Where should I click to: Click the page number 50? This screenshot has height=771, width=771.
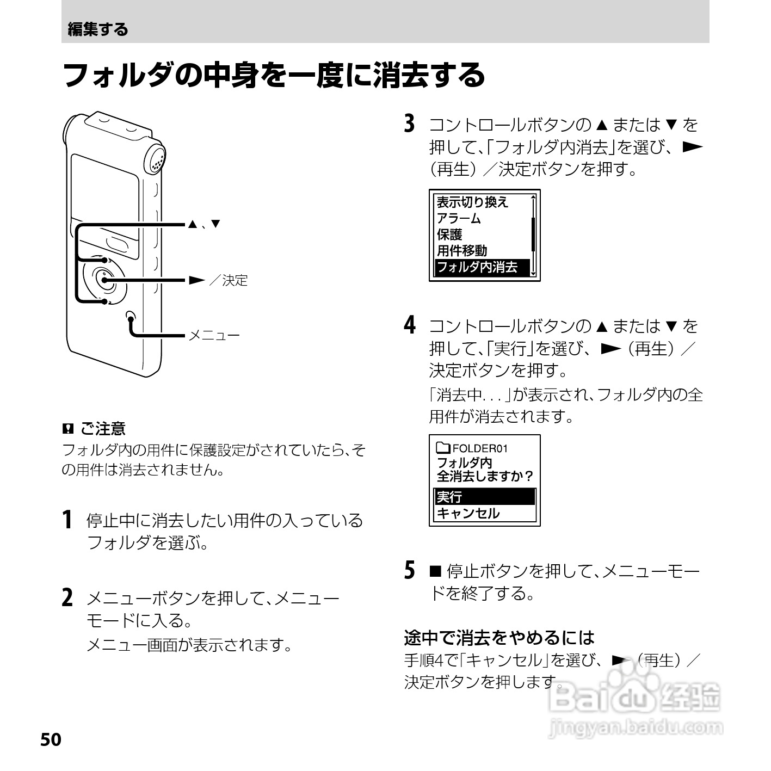[x=51, y=740]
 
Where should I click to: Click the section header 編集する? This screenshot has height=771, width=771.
[x=98, y=29]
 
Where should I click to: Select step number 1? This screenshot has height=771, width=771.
[x=67, y=520]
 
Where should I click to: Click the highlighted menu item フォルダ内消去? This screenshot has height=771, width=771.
[x=477, y=267]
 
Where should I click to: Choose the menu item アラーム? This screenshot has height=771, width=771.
[x=459, y=218]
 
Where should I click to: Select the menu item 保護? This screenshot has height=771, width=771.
[x=449, y=235]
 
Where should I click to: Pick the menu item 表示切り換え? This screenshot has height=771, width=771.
[x=472, y=202]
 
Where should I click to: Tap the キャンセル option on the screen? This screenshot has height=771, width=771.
[x=468, y=513]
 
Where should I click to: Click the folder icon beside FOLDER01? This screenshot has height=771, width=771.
[x=443, y=448]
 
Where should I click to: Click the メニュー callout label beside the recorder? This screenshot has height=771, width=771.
[x=214, y=335]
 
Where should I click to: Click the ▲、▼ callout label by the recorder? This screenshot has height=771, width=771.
[x=204, y=224]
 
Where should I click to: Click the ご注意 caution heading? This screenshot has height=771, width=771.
[x=103, y=429]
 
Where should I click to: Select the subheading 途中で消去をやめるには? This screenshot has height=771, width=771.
[x=499, y=637]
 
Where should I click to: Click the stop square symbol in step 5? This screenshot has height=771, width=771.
[x=435, y=571]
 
